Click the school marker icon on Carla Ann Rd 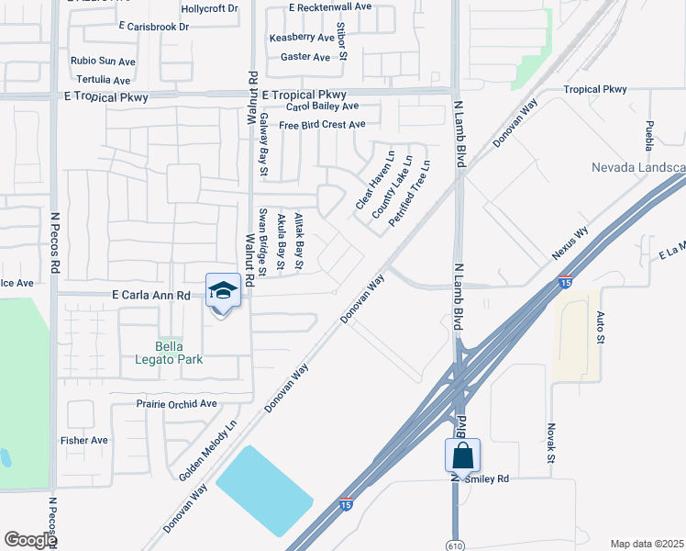pos(223,291)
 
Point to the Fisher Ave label pos(83,440)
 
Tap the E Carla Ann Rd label pos(150,296)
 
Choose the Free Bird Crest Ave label pos(322,125)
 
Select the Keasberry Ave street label pos(302,38)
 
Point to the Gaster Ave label pos(305,57)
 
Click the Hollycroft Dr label pos(209,8)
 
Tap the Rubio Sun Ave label pos(103,61)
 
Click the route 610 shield pos(456,542)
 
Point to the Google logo pos(30,540)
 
